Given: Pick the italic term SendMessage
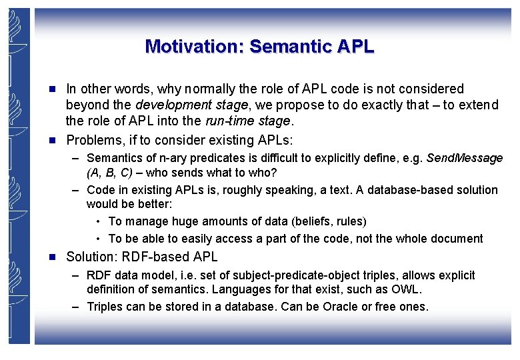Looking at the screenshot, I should (x=464, y=158).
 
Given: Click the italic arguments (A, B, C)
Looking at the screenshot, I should (x=109, y=173).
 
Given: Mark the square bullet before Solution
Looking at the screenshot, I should (x=57, y=257).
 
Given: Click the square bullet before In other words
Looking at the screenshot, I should (x=57, y=89).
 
